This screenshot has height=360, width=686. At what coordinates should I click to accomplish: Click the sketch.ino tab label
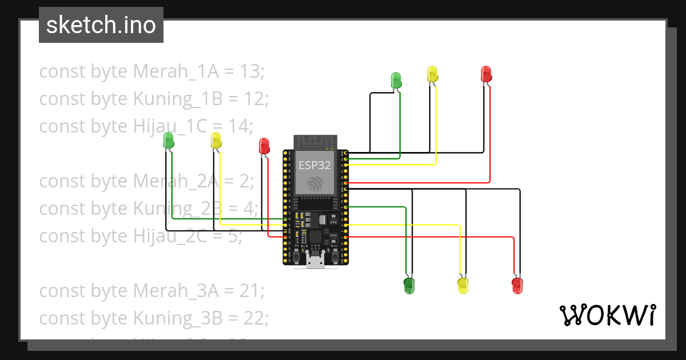point(101,25)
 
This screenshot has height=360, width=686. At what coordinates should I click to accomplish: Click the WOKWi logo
point(607,315)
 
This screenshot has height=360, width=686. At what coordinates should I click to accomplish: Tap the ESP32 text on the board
point(313,166)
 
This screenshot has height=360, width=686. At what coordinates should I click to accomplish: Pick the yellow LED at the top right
point(432,74)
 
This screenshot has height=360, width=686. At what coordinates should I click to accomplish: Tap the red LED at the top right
point(486,74)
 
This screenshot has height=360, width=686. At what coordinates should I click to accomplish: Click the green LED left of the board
point(169,139)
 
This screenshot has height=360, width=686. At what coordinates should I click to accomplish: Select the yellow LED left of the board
point(216,140)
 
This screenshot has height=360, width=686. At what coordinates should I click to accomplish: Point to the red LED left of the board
point(264,145)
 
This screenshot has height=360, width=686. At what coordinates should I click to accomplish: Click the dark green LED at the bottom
point(409,285)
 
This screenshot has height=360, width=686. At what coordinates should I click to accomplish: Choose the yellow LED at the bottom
point(463,285)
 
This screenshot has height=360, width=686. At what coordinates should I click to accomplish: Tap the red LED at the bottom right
point(517,285)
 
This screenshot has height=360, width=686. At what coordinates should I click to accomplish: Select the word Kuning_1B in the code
point(178,99)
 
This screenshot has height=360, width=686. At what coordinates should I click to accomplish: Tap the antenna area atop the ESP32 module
point(314,142)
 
